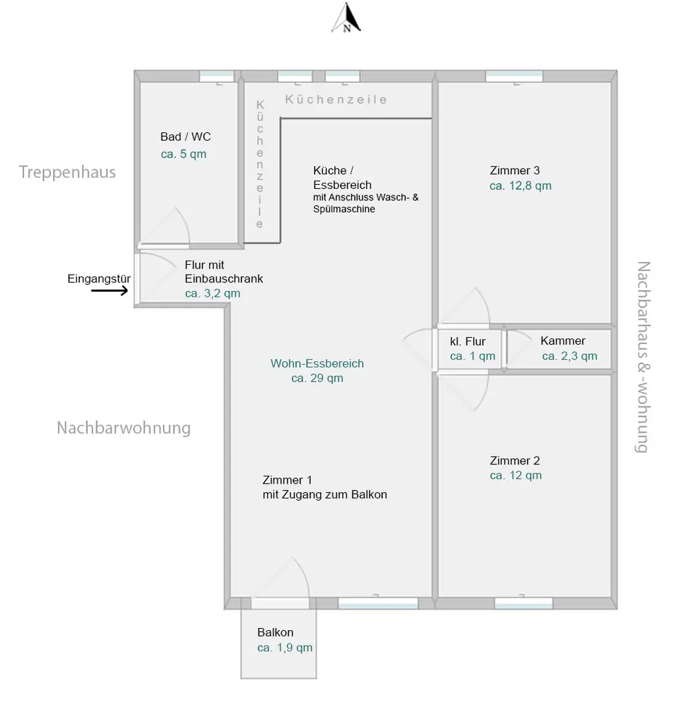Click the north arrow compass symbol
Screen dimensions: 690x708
(347, 19)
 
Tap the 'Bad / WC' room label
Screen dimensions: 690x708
(186, 137)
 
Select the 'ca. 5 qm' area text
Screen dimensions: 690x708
(183, 154)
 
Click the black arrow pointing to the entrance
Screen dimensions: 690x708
(111, 290)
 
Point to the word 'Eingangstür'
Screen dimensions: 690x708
(98, 278)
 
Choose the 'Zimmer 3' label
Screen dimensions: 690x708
(515, 171)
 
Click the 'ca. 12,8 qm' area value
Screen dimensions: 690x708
(521, 186)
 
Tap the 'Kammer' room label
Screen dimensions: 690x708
(563, 341)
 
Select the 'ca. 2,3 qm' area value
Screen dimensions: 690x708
(570, 356)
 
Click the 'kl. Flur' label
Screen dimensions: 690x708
(468, 341)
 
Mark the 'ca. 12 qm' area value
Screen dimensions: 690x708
(516, 476)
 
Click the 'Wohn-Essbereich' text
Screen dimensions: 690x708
(317, 363)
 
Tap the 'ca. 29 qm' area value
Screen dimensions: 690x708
(317, 378)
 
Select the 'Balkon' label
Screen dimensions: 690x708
(276, 632)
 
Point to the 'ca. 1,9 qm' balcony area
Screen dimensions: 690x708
(285, 648)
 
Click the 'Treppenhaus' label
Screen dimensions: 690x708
(67, 172)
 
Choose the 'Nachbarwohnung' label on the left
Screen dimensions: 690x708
(124, 428)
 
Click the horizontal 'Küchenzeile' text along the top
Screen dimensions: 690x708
(336, 100)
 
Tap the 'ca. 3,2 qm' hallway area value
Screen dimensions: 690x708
(213, 293)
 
